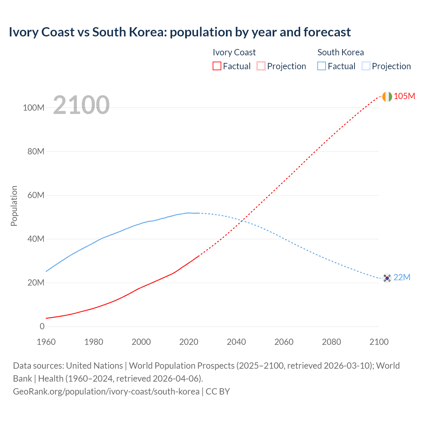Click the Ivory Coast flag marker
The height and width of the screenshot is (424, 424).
(387, 96)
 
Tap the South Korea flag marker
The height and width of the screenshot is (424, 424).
(387, 278)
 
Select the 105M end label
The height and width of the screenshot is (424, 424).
(404, 96)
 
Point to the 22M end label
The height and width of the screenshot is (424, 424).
(402, 278)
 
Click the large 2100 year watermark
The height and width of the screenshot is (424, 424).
(81, 105)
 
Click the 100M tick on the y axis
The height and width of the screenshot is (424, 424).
(33, 108)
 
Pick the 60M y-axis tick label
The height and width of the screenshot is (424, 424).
(36, 195)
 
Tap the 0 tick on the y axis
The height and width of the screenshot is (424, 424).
(42, 326)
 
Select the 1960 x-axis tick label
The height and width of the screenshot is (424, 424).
(46, 342)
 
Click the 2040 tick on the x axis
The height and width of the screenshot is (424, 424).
(236, 342)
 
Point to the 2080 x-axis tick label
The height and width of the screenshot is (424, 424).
(331, 342)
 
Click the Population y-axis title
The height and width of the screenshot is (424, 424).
(14, 206)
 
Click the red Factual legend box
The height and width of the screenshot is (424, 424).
(217, 66)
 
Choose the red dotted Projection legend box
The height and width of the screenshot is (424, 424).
(261, 66)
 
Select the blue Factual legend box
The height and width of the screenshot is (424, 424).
(322, 66)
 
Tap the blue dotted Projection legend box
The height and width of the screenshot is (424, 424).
(366, 66)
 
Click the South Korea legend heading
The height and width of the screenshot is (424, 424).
(341, 52)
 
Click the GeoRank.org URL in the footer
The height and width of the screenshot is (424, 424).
(106, 392)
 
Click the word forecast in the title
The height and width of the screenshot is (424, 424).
(327, 32)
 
